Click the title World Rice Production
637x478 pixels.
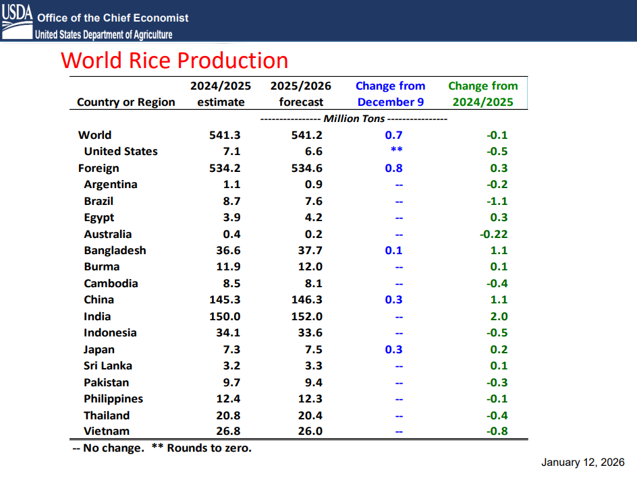pos(175,61)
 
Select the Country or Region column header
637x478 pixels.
pos(126,102)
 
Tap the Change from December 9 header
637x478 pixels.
pos(390,94)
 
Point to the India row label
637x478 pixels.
pos(97,316)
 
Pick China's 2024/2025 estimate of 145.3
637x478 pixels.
pos(225,300)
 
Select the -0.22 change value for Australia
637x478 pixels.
pos(493,235)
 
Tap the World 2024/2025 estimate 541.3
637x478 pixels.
pos(225,135)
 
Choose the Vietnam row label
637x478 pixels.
pos(107,431)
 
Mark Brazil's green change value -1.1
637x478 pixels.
pos(497,202)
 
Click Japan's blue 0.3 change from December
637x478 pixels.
pos(393,349)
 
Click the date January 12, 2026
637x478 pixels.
pos(582,462)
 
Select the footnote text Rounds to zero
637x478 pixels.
pos(209,448)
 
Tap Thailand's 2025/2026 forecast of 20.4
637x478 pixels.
pos(310,415)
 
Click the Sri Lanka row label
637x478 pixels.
pos(108,366)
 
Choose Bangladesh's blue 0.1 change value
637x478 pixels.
pos(393,251)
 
